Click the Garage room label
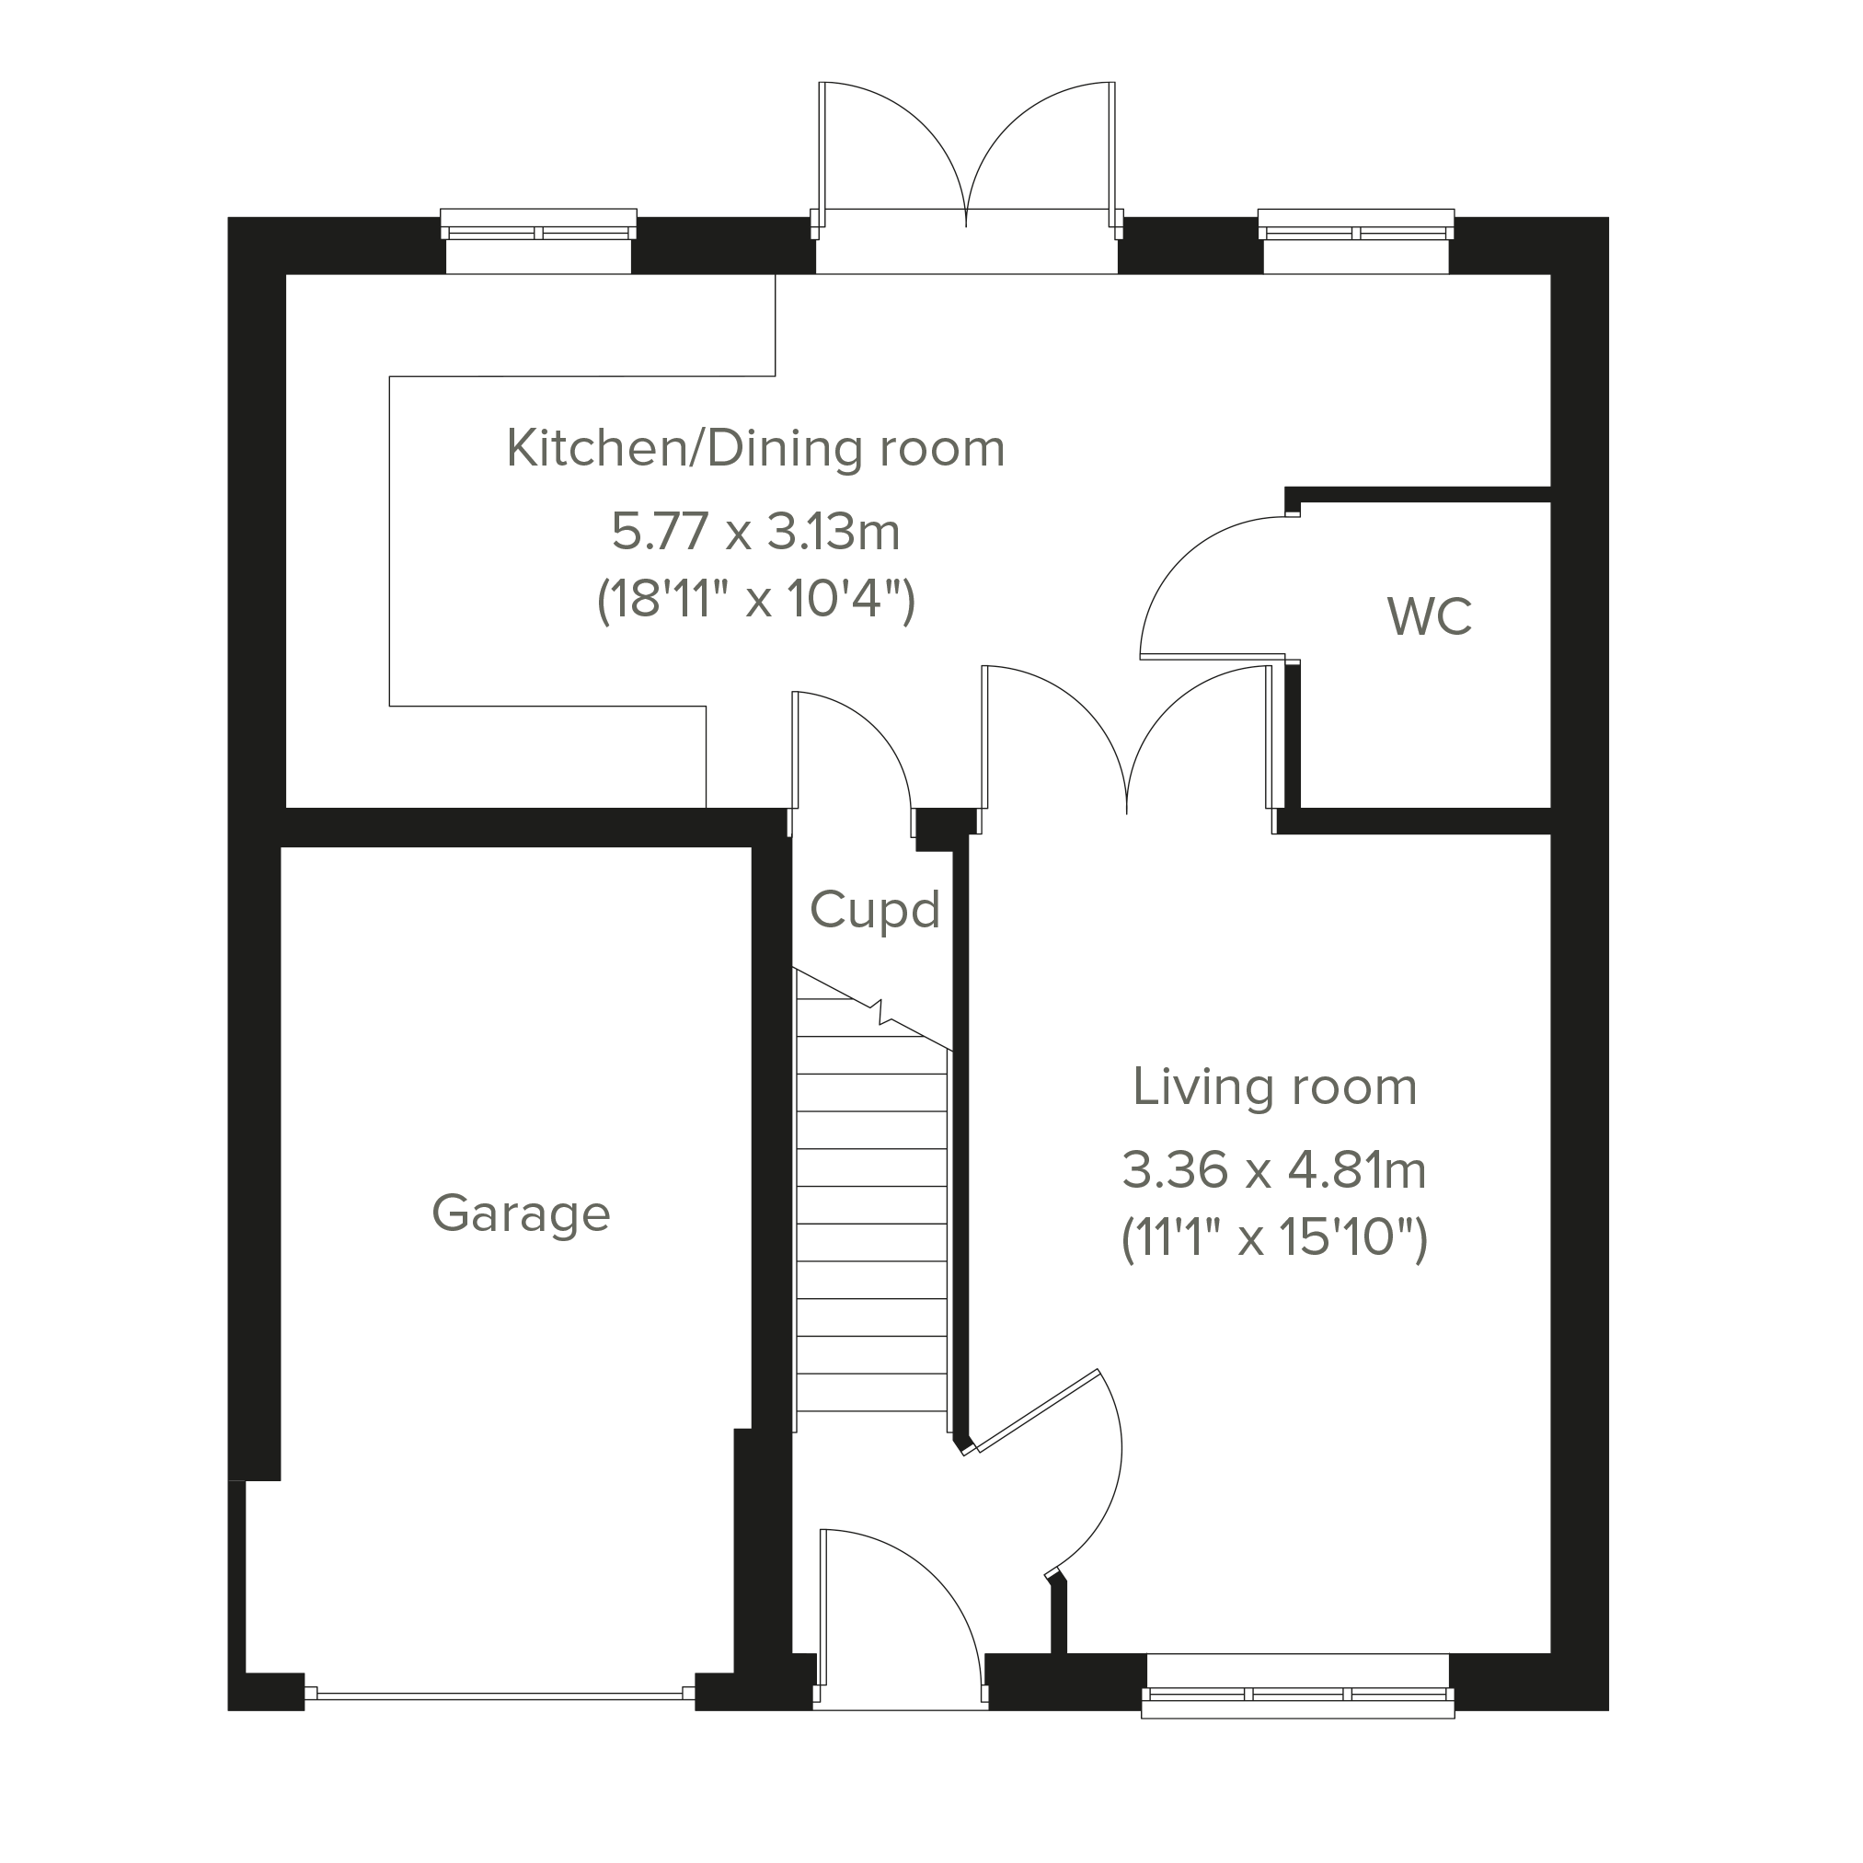click(x=521, y=1214)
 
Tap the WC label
click(x=1430, y=617)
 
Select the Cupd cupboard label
click(x=875, y=910)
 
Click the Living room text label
click(x=1275, y=1087)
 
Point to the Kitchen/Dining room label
click(x=755, y=448)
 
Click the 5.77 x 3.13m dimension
click(x=756, y=533)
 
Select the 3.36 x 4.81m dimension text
click(x=1274, y=1171)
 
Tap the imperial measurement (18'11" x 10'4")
click(x=756, y=601)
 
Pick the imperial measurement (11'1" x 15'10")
click(x=1274, y=1239)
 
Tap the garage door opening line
click(x=500, y=1692)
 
